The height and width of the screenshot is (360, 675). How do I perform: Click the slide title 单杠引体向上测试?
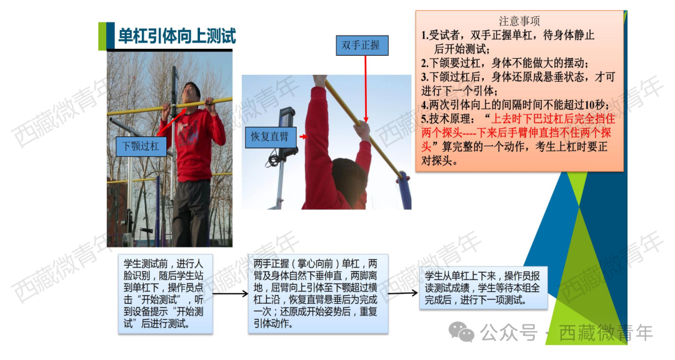pos(177,36)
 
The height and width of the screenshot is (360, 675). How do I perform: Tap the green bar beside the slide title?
pos(102,36)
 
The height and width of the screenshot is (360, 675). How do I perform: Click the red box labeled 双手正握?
pos(361,46)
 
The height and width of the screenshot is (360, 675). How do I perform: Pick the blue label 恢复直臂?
pos(270,136)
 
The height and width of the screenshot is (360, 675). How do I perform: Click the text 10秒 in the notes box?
pos(594,104)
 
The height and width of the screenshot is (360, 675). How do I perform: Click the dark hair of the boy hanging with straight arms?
pos(350,174)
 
